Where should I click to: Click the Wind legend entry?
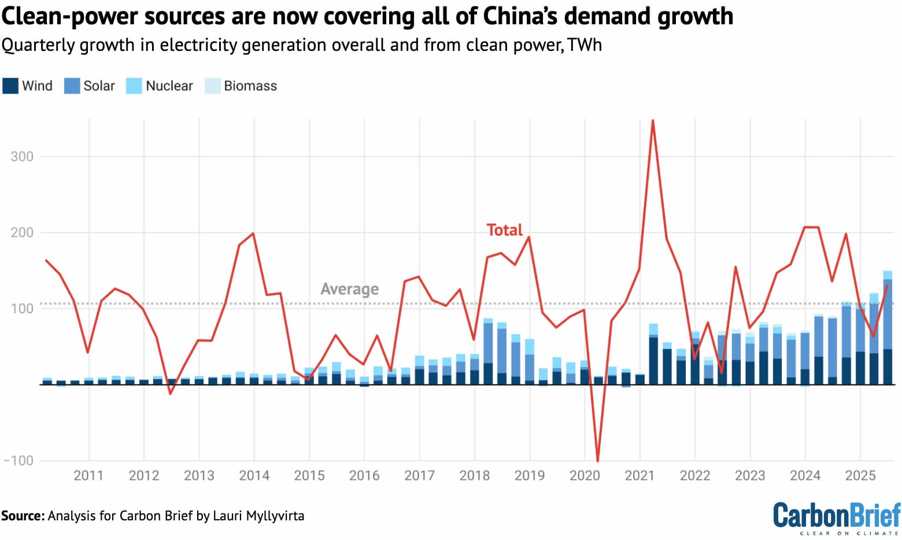(28, 86)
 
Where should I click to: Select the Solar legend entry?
(90, 86)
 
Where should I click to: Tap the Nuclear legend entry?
(160, 86)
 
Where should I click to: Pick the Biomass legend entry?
(241, 86)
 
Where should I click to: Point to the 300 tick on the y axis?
(22, 157)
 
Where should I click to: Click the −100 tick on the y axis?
(19, 461)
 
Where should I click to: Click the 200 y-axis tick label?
(22, 232)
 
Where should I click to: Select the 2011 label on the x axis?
(88, 476)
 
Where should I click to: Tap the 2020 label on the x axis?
(585, 476)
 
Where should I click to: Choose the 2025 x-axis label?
(860, 476)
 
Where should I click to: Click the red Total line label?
(504, 230)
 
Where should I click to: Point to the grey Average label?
(350, 289)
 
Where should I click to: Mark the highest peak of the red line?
(653, 121)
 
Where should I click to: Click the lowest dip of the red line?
(598, 461)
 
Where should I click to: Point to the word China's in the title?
(520, 16)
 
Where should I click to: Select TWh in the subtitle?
(585, 45)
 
